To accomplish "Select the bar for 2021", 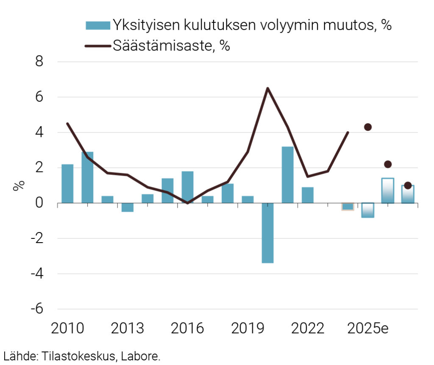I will (287, 175).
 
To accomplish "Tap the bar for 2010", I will (67, 184).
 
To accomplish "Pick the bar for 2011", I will (87, 177).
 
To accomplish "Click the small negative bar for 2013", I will (128, 207).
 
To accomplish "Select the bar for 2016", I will (187, 187).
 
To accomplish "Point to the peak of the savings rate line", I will (267, 88).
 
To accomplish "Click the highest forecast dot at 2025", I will (368, 127).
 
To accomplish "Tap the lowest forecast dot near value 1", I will (408, 185).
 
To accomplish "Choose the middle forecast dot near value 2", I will (388, 164).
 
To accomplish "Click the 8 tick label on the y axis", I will (39, 62).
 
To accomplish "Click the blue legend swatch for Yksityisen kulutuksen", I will (98, 25).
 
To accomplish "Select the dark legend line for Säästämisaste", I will (98, 46).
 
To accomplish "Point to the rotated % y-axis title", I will (19, 186).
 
